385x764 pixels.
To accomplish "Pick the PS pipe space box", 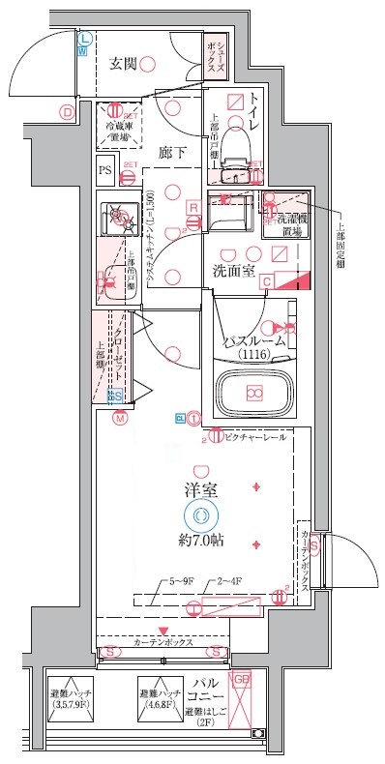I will click(x=105, y=172).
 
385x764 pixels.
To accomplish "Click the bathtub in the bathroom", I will click(x=253, y=394).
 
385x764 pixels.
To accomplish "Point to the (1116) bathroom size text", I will click(x=253, y=355).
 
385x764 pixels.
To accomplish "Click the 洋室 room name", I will click(x=201, y=490).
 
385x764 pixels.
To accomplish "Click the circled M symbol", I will click(x=120, y=419).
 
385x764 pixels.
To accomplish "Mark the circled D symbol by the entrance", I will click(x=67, y=112).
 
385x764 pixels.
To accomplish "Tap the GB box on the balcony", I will click(x=242, y=680).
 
